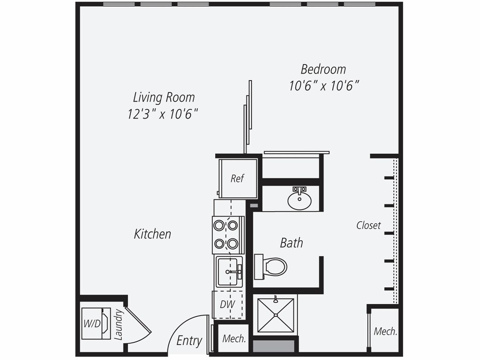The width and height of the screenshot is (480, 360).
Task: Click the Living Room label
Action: click(164, 97)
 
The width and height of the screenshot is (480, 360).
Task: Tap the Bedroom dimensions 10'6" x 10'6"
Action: click(324, 86)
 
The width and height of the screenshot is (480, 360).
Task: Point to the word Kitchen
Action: click(152, 234)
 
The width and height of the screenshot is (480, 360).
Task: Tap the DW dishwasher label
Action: click(228, 304)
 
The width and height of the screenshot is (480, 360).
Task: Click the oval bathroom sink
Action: click(299, 201)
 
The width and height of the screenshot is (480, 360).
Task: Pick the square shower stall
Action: click(276, 315)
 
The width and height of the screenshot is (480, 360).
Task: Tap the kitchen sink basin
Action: click(229, 270)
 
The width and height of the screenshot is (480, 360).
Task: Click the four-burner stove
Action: click(228, 234)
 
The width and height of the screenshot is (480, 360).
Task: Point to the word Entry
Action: click(189, 341)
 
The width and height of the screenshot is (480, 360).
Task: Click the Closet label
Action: click(368, 225)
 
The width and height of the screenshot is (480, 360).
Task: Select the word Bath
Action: click(291, 243)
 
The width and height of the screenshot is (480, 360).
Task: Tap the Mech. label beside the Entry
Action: click(234, 338)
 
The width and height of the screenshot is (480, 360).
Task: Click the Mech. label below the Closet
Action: click(385, 331)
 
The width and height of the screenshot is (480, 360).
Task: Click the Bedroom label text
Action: click(323, 69)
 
